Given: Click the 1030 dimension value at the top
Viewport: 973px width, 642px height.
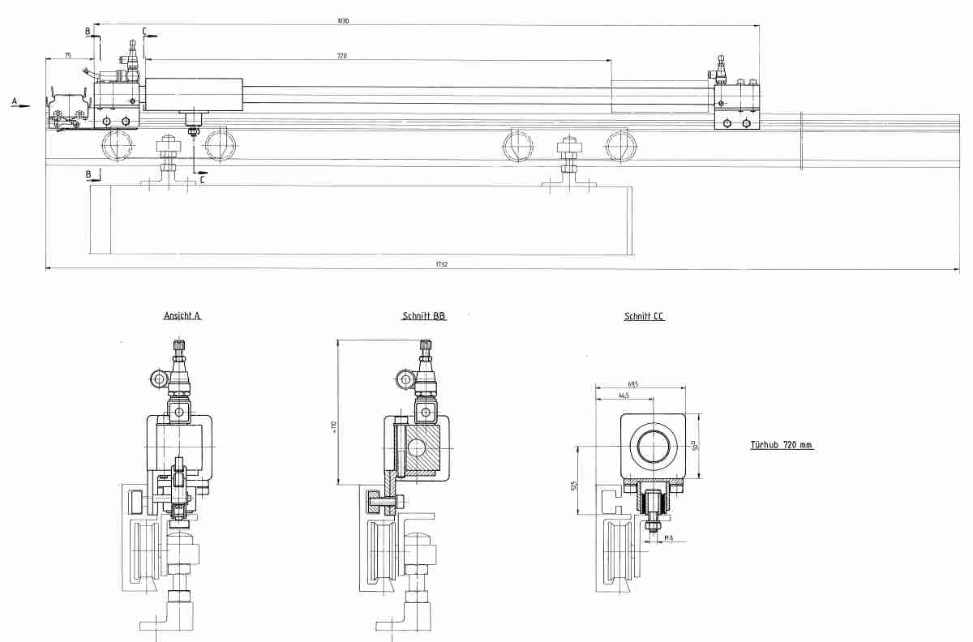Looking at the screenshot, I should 344,21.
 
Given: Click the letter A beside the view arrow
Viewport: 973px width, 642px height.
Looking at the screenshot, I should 14,101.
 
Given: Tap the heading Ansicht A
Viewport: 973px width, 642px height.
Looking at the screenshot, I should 182,316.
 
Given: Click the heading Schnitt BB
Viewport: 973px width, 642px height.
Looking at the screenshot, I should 423,316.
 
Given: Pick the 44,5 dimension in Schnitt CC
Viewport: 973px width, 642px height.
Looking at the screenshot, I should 624,396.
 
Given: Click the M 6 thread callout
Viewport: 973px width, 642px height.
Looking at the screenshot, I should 668,537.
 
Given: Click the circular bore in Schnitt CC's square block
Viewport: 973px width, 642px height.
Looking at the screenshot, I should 654,446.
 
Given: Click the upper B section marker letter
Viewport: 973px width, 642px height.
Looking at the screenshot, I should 88,31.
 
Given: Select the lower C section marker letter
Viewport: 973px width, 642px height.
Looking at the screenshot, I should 201,180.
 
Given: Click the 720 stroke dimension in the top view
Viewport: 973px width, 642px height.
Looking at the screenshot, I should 341,56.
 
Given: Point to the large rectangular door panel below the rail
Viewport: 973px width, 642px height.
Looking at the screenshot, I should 360,220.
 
